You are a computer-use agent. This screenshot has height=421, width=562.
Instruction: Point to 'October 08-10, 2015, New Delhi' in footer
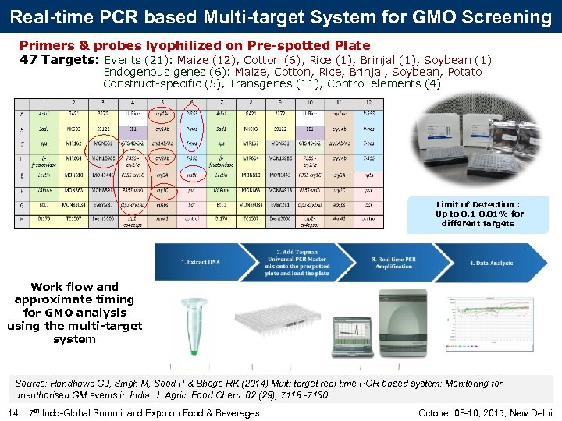[x=486, y=412]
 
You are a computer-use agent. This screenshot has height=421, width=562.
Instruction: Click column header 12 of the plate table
[x=368, y=102]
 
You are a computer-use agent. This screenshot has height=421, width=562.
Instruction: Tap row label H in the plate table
[x=21, y=219]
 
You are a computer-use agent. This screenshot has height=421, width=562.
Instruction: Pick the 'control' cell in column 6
[x=192, y=219]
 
